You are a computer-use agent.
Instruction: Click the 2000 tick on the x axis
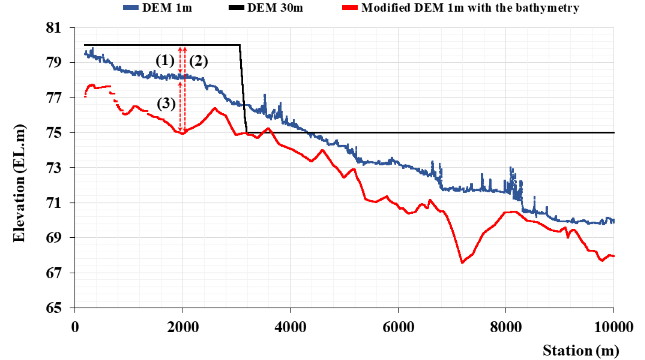183,327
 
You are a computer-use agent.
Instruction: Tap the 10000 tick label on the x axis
614,327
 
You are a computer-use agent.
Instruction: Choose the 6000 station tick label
398,327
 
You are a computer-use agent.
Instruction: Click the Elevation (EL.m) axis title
19,183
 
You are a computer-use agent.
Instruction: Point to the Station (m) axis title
581,350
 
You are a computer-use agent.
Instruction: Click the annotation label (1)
165,61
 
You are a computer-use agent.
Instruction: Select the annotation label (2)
199,61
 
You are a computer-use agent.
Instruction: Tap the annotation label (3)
166,103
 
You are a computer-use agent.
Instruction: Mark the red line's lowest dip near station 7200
462,263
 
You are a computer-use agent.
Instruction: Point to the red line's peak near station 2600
215,108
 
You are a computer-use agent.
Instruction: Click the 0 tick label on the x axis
75,327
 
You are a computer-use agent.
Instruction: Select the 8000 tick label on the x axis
506,327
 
